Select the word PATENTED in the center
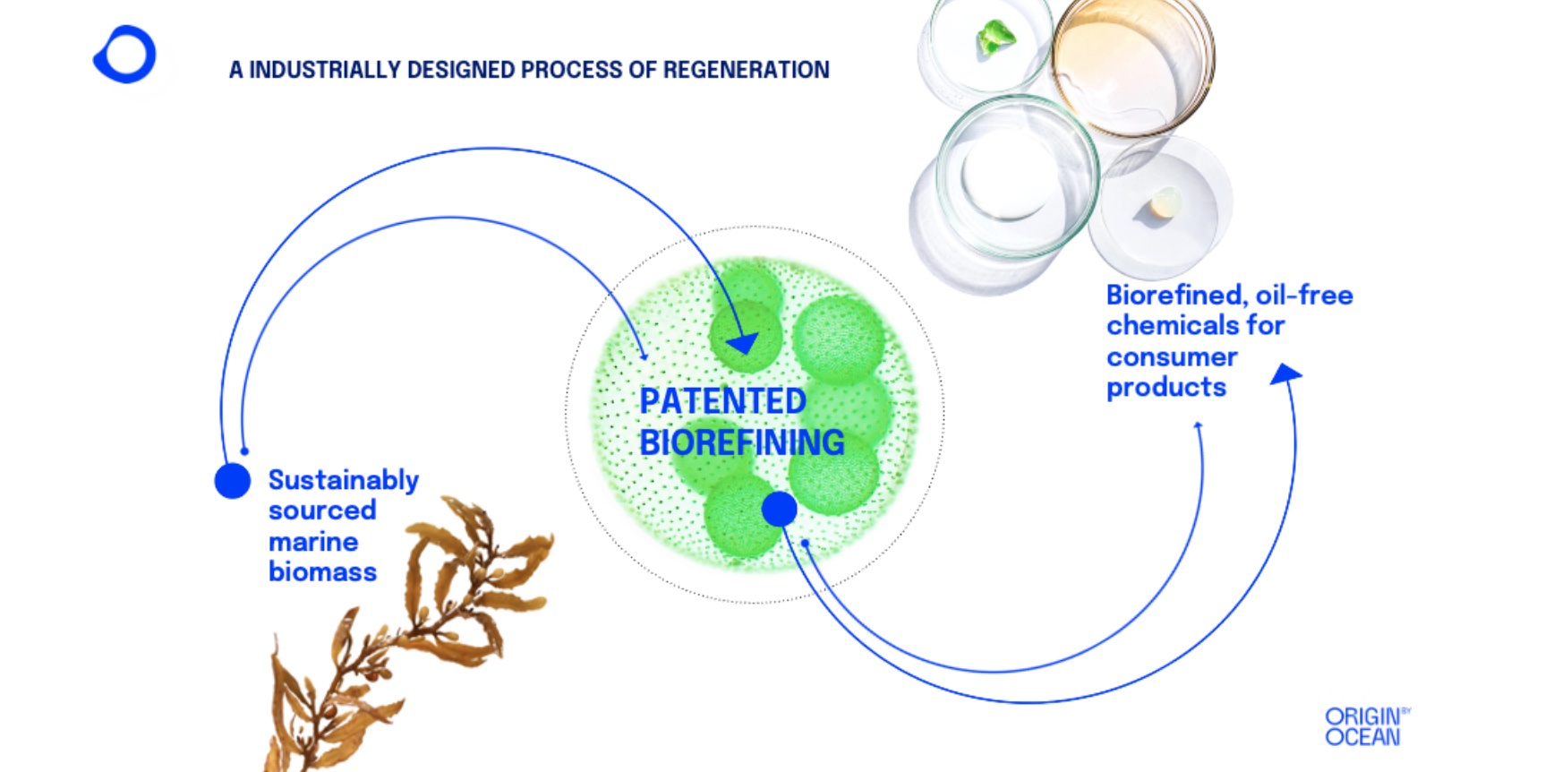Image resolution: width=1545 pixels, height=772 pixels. pyautogui.click(x=722, y=401)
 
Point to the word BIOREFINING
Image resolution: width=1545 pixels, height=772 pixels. pyautogui.click(x=742, y=442)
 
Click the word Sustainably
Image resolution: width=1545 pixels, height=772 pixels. pyautogui.click(x=344, y=481)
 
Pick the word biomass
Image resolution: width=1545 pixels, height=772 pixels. pyautogui.click(x=322, y=571)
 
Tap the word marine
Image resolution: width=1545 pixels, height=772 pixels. pyautogui.click(x=313, y=542)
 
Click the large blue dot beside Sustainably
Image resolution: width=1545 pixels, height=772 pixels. pyautogui.click(x=233, y=481)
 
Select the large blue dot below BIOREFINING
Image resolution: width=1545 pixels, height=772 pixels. pyautogui.click(x=779, y=509)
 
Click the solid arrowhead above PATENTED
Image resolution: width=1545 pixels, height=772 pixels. pyautogui.click(x=743, y=343)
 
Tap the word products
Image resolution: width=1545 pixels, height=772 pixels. pyautogui.click(x=1166, y=387)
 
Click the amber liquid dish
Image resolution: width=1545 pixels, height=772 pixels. pyautogui.click(x=1133, y=67)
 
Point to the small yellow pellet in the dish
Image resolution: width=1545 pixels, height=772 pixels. pyautogui.click(x=1164, y=204)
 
